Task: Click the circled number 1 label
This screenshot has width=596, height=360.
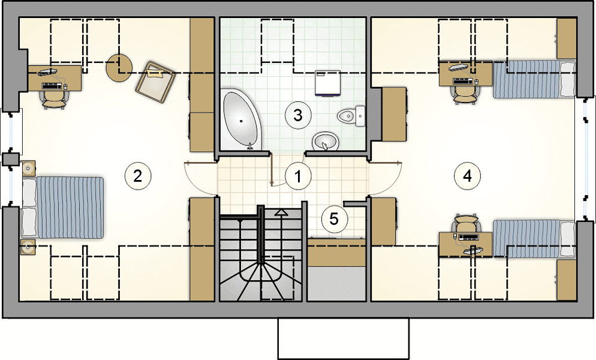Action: [x=298, y=176]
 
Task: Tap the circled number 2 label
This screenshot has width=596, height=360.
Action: [x=138, y=176]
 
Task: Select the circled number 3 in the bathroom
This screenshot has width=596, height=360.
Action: [x=298, y=115]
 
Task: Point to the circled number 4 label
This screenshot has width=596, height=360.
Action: [x=468, y=176]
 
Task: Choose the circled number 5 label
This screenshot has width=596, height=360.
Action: [x=334, y=219]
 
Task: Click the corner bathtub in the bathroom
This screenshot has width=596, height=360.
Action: [x=241, y=119]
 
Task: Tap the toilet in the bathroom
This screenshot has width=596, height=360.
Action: [x=351, y=116]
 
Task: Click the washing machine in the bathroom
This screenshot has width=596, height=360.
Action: [x=327, y=83]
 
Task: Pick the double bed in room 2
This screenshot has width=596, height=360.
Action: [x=63, y=208]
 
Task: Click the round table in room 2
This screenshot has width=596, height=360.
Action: [x=119, y=67]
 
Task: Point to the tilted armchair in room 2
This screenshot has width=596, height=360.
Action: [x=155, y=82]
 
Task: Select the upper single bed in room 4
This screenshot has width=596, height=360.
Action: [x=534, y=79]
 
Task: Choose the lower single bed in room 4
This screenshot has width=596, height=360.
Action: [x=534, y=239]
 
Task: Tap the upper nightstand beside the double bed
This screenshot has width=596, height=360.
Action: [x=29, y=168]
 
